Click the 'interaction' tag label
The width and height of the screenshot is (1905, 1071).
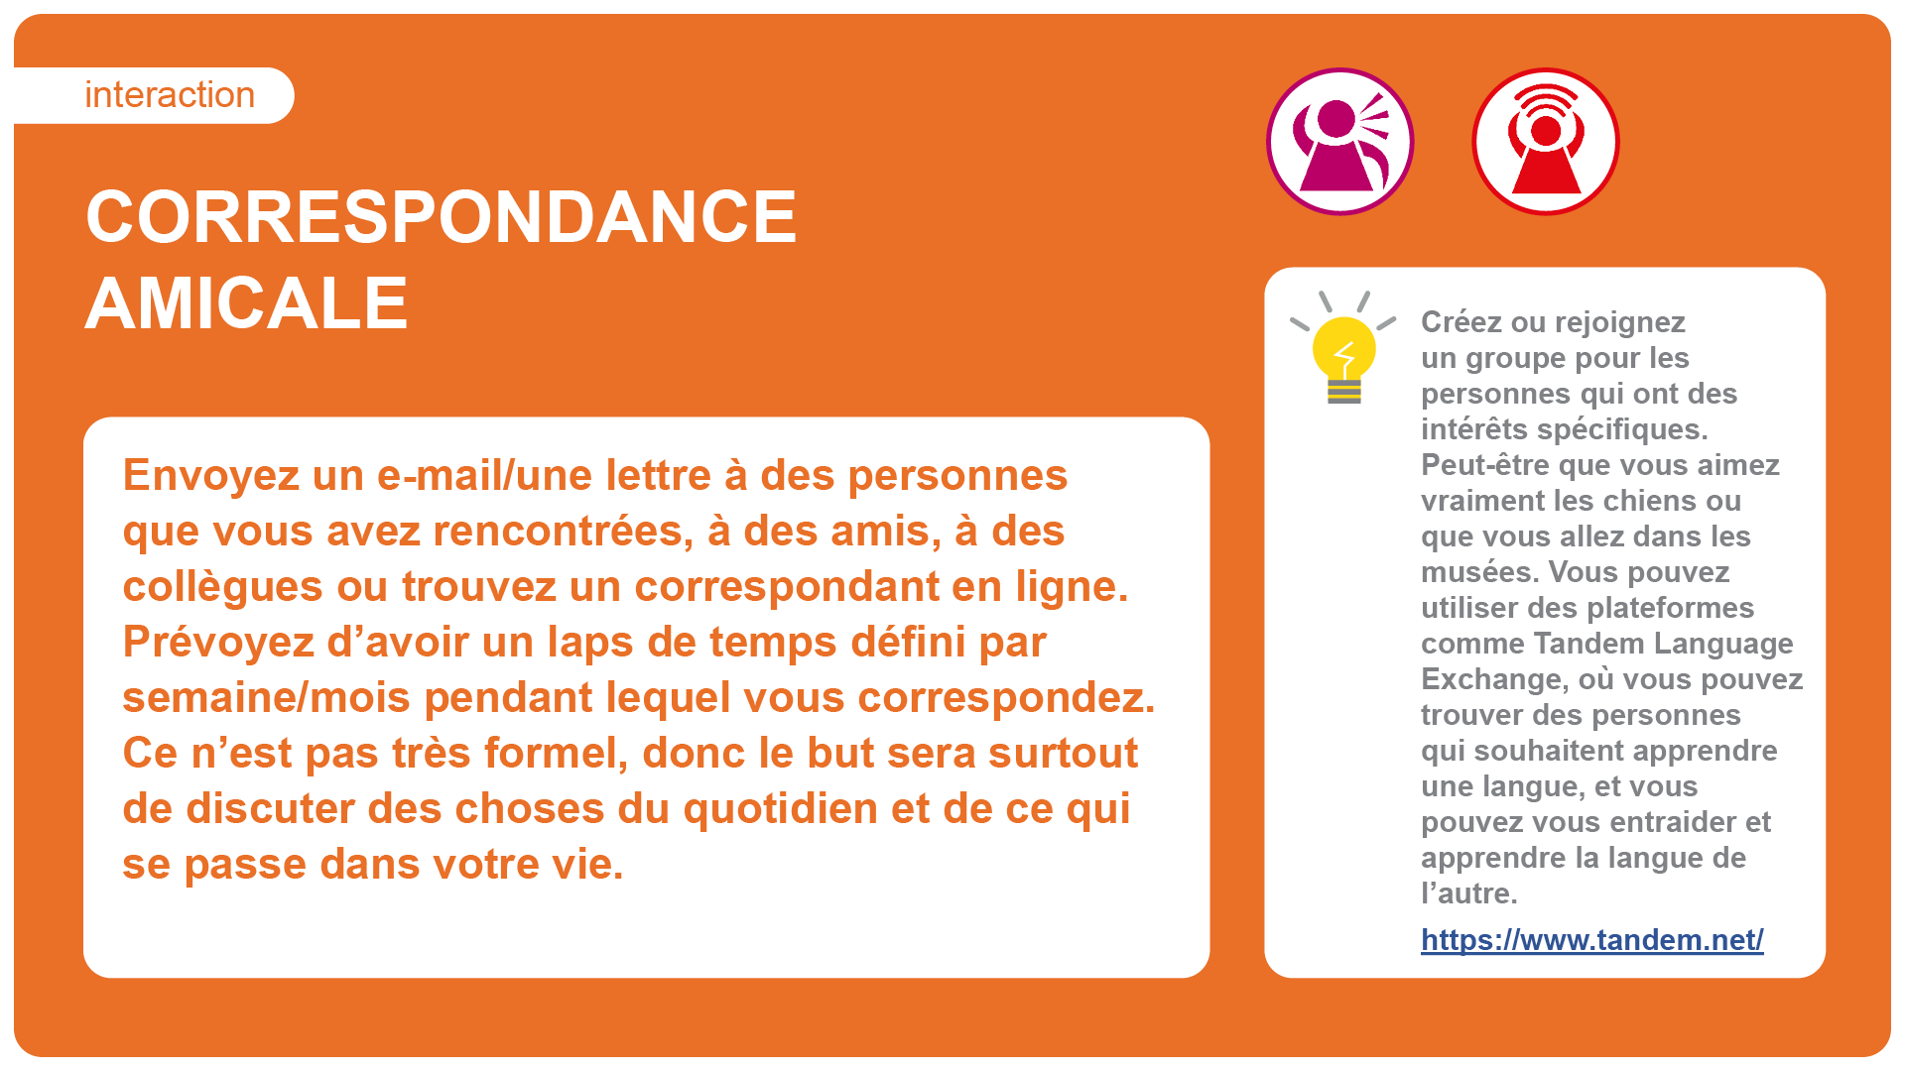(170, 95)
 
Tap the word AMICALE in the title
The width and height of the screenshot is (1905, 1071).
(247, 302)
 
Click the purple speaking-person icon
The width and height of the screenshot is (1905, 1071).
(1340, 142)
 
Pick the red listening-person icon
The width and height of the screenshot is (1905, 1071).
(1546, 142)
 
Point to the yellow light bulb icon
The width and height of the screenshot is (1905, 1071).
(1343, 348)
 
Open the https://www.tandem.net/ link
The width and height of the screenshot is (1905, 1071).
(1592, 939)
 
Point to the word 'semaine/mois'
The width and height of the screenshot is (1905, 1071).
(266, 698)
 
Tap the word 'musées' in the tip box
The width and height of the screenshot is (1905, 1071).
(1479, 572)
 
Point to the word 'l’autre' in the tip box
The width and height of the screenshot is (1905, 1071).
(1469, 893)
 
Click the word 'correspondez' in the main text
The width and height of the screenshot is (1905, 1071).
(1006, 698)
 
